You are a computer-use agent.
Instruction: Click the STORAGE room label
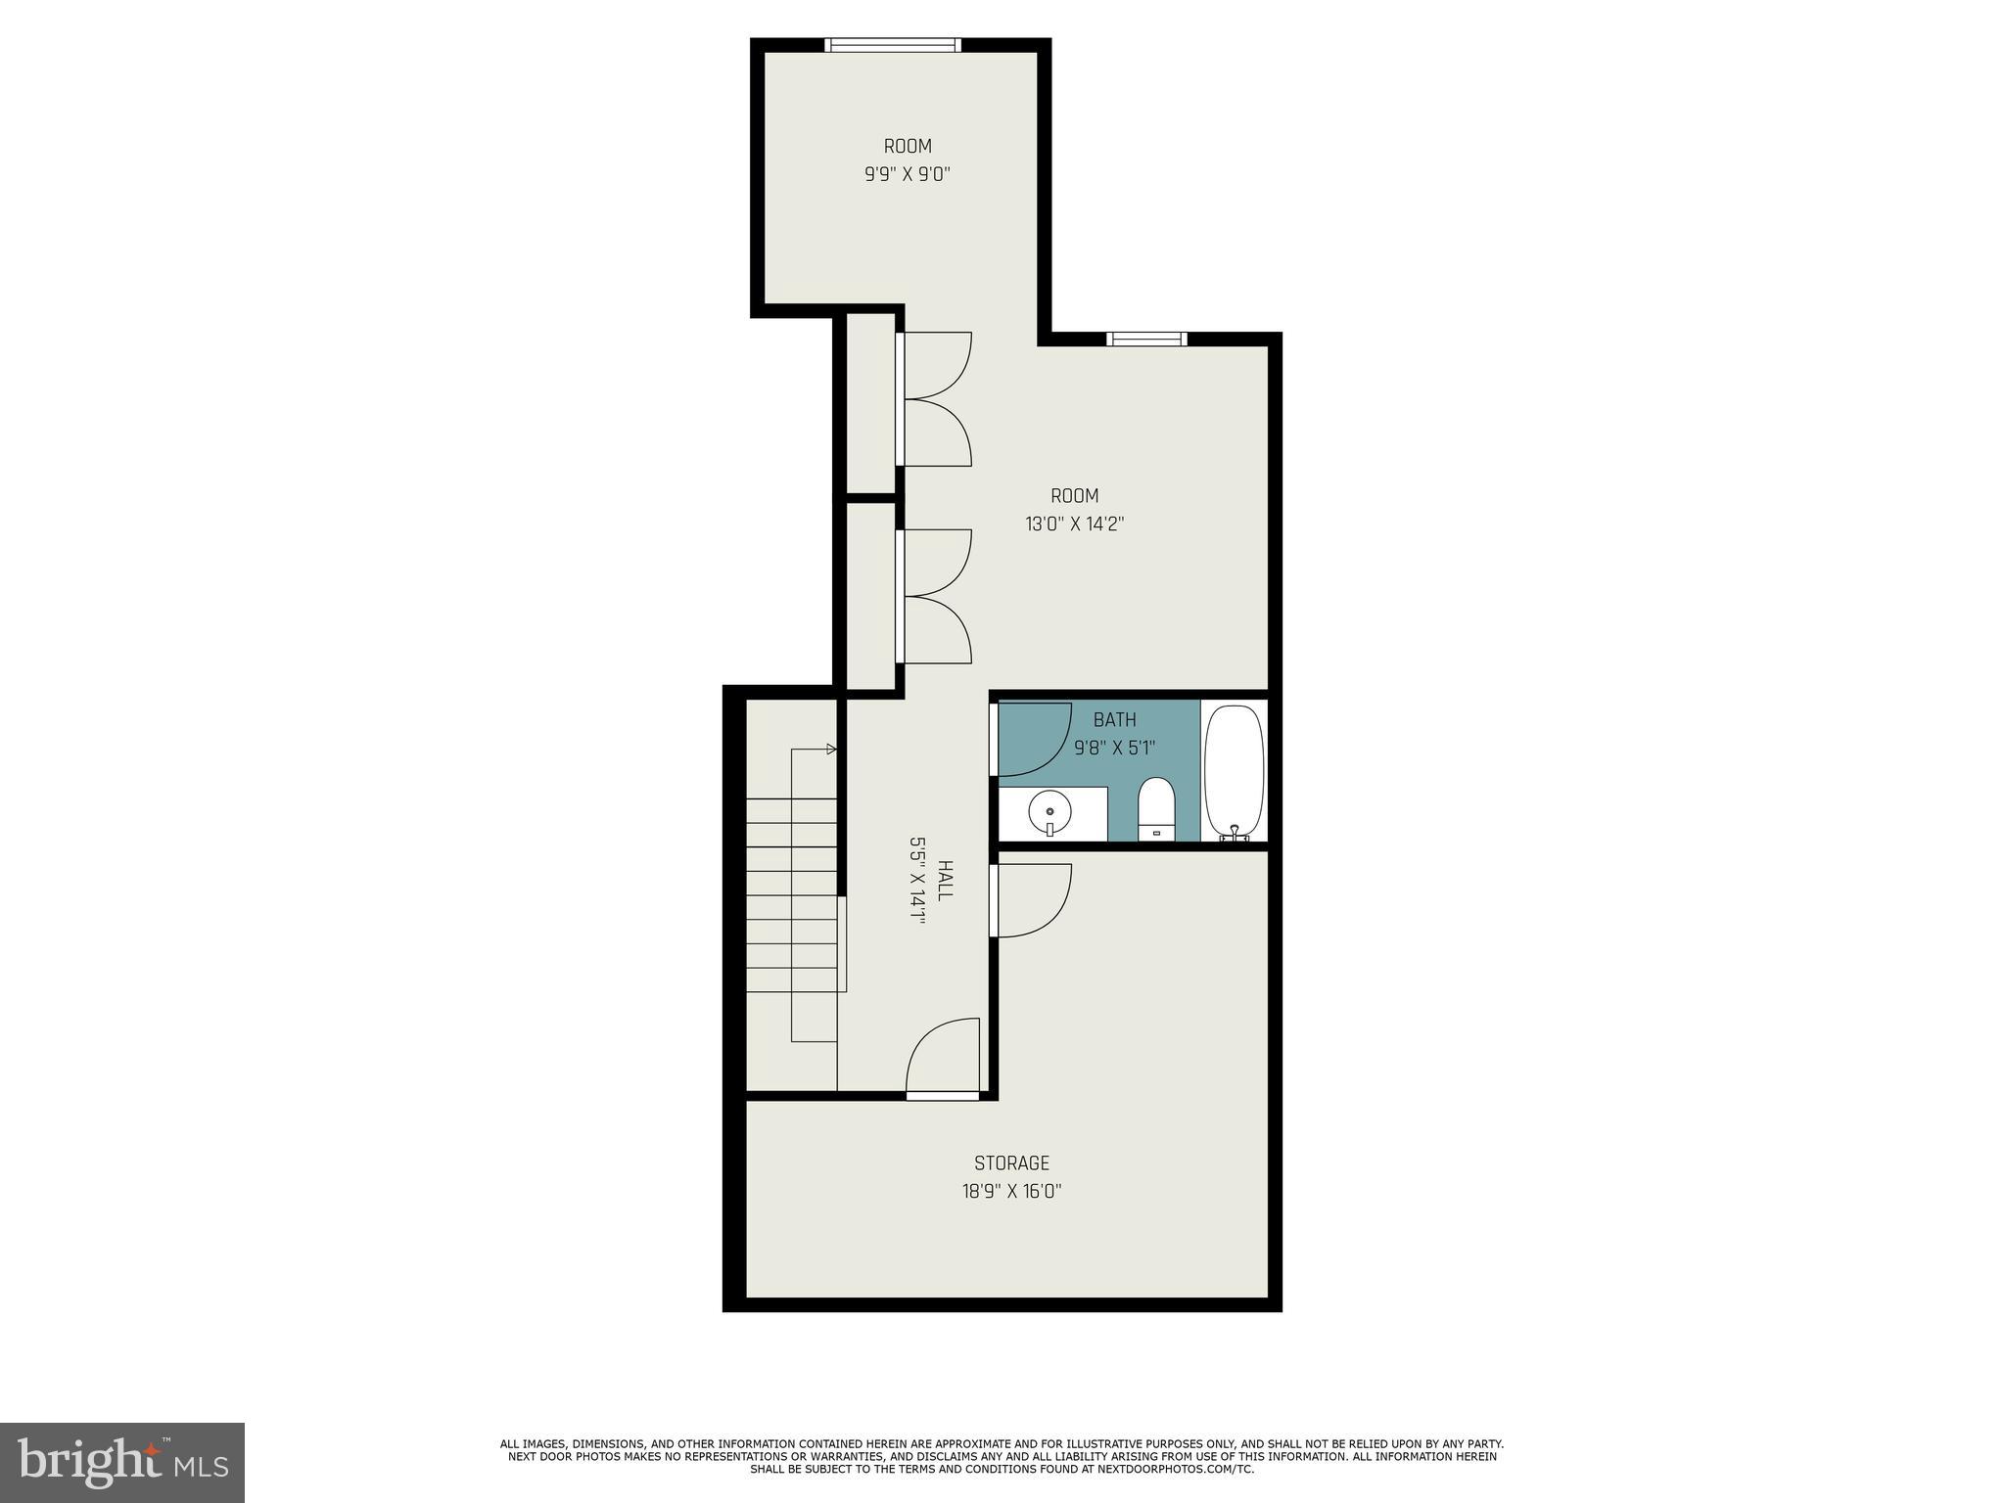tap(1011, 1162)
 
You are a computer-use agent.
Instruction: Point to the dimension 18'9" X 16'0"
tap(1011, 1192)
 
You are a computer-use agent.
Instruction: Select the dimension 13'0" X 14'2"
tap(1074, 524)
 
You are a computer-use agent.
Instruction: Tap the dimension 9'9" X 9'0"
tap(908, 175)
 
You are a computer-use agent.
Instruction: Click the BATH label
tap(1114, 720)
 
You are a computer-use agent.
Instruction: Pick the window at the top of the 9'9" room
tap(892, 45)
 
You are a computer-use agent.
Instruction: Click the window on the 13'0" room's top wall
tap(1146, 340)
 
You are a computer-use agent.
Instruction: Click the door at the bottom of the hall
tap(943, 1057)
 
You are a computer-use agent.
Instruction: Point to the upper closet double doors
tap(935, 399)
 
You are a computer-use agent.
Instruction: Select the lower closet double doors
tap(935, 596)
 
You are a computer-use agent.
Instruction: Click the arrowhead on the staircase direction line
tap(832, 750)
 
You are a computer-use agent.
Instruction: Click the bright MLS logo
tap(122, 1462)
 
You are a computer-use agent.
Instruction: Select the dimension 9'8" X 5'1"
tap(1114, 749)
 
